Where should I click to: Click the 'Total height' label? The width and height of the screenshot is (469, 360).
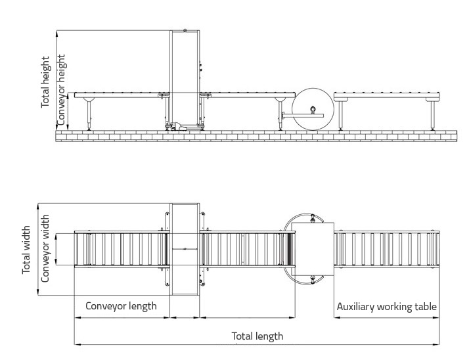45,81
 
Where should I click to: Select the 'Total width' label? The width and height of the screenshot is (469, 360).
26,250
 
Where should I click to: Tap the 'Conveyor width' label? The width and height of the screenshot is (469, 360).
45,248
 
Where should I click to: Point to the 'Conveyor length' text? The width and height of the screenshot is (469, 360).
121,306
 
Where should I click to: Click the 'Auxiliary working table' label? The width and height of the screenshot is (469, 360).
387,307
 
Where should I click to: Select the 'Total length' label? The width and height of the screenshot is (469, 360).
257,336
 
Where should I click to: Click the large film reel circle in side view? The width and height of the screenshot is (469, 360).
313,109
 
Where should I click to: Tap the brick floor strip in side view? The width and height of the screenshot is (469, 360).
256,136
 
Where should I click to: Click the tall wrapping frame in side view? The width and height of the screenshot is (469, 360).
185,80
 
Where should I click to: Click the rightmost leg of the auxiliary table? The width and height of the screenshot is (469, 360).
432,114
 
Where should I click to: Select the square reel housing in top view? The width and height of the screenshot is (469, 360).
313,249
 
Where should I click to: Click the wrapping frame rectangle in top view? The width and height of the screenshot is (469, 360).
185,249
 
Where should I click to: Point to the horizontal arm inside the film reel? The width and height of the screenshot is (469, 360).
303,116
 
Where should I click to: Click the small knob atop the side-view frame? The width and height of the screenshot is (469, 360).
185,30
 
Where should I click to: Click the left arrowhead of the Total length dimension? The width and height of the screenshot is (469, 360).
77,344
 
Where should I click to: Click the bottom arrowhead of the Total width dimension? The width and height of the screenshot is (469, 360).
38,292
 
